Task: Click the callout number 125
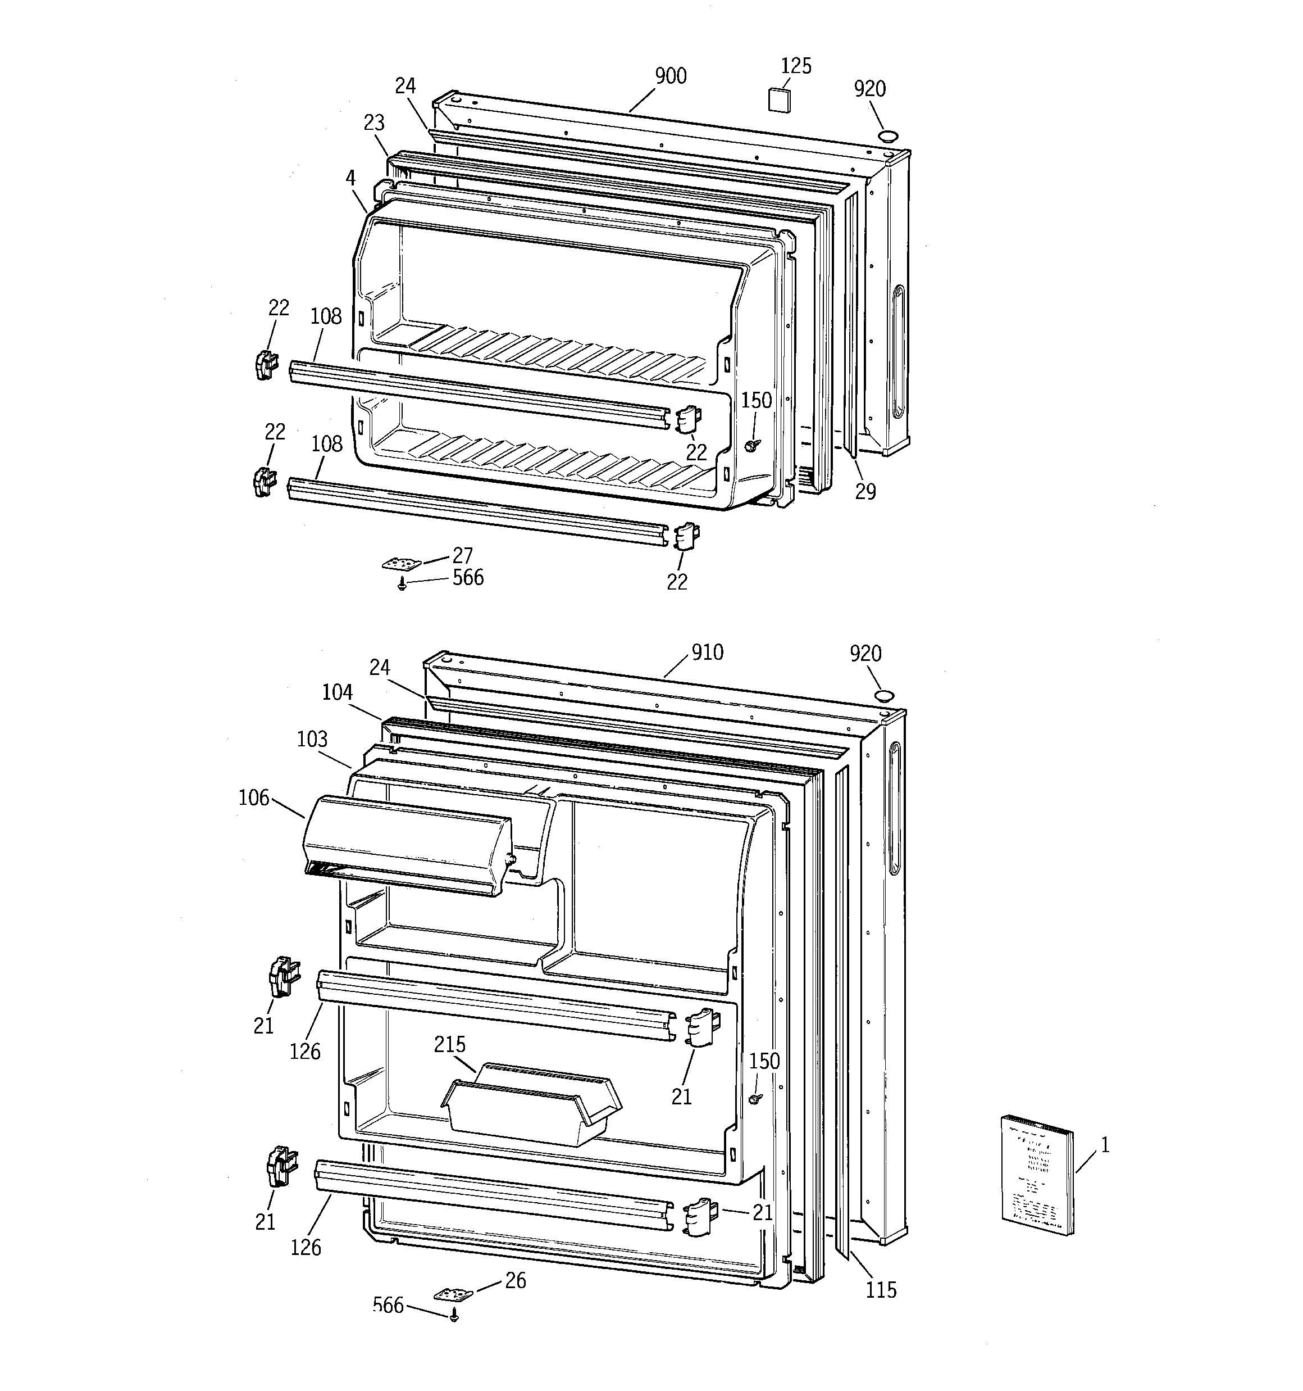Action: [796, 66]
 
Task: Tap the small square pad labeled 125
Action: [779, 99]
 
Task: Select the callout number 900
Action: [670, 75]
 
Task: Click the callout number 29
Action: [865, 492]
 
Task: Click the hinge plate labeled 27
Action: [402, 564]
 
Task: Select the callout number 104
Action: [337, 692]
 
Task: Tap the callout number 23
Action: [374, 123]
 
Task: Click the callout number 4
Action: [350, 178]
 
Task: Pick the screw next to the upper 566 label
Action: [403, 585]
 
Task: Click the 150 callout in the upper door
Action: [756, 400]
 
